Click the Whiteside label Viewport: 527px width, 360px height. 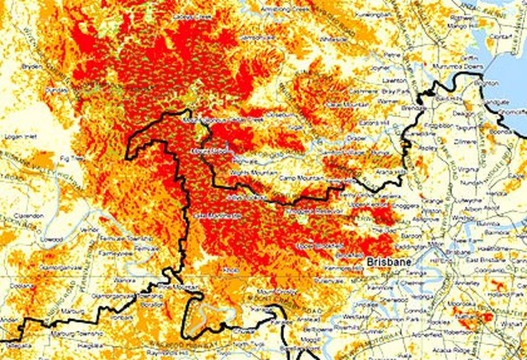(x=333, y=38)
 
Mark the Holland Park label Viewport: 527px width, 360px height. (x=499, y=285)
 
